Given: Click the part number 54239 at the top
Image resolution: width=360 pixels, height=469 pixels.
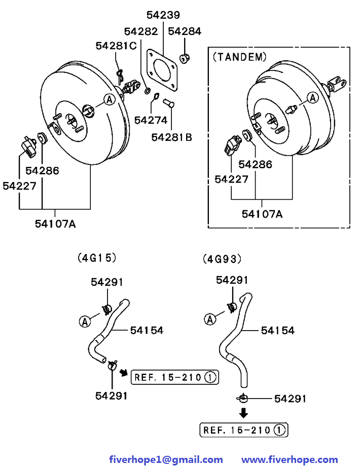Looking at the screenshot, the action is coord(163,15).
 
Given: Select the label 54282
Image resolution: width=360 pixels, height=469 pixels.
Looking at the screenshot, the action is coord(141,31).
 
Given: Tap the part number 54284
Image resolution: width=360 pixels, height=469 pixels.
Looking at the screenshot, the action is coord(185,31).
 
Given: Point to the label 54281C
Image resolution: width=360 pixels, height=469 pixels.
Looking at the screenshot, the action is coord(116,46).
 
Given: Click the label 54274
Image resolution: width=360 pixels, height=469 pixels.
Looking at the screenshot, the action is coord(151,120).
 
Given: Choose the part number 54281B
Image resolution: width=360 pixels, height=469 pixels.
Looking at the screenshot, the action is coord(171,137).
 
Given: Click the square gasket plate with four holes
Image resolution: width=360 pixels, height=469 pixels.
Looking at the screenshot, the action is coord(162,70).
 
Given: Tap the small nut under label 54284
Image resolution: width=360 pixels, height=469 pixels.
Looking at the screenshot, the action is coord(185,58).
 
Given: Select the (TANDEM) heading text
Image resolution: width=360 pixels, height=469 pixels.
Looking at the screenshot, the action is coord(239,57).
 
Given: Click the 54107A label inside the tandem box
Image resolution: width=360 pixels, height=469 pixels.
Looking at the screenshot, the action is coord(262,214).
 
